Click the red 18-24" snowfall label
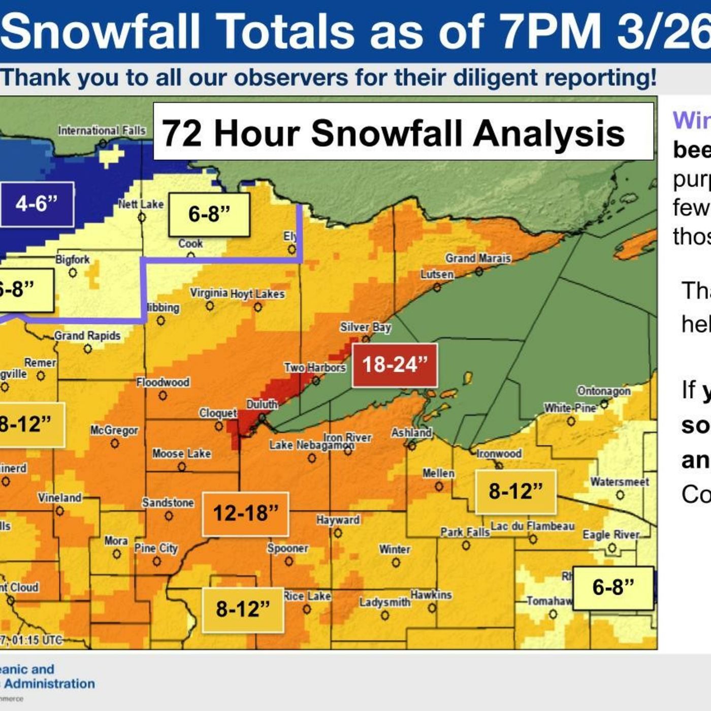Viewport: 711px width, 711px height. coord(395,365)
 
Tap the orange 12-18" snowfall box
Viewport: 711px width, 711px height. coord(245,513)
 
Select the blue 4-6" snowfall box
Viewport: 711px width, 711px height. coord(37,204)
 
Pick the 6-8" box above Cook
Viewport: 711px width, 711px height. coord(209,214)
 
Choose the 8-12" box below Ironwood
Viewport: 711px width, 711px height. coord(515,492)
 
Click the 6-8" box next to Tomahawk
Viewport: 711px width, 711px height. coord(613,588)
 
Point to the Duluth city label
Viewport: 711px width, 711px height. coord(262,404)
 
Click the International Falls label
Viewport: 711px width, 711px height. coord(102,131)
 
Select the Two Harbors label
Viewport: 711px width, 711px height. coord(314,367)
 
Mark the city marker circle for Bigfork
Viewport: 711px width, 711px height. coord(73,273)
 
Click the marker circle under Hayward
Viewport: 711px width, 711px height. coord(338,533)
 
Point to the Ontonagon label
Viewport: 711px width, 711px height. coord(604,391)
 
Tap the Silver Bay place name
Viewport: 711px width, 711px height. coord(365,327)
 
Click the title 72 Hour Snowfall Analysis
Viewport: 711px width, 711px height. coord(393,133)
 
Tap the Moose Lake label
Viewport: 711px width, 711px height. coord(181,454)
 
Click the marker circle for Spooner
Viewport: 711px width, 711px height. coord(288,561)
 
